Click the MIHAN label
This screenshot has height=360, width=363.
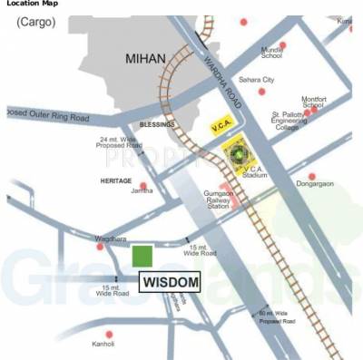tap(146, 59)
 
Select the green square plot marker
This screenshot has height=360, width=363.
tap(142, 256)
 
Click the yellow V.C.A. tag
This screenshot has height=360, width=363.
tap(221, 125)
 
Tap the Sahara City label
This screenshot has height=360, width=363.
tap(257, 80)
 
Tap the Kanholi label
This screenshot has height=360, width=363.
tap(103, 344)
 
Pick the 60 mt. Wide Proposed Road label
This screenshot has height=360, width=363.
tap(276, 316)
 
